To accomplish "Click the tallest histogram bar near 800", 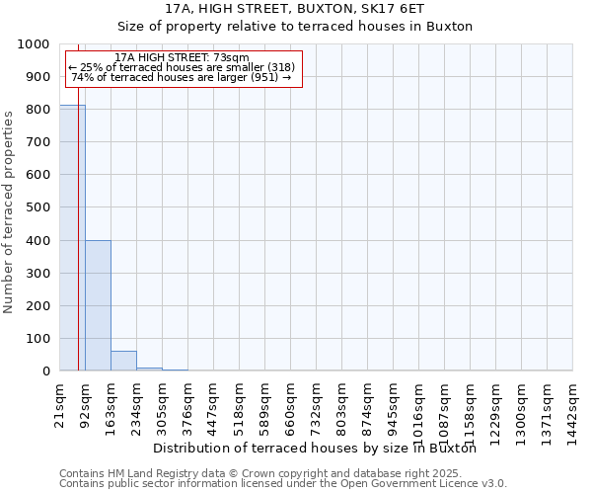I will [72, 237].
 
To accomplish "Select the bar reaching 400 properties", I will [98, 305].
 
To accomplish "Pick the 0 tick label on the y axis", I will [46, 371].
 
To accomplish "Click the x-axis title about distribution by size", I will [315, 449].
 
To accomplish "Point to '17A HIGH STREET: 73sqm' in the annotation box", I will [182, 58].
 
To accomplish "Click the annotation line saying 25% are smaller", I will [182, 67].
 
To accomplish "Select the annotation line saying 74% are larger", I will [182, 77].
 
